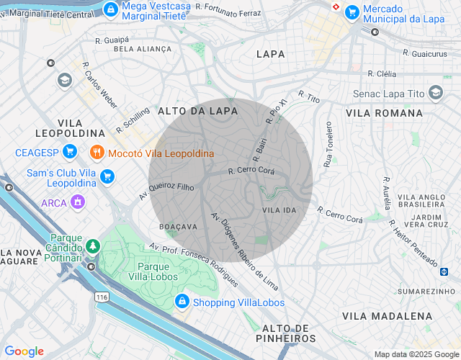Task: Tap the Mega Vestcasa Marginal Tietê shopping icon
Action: coord(111,9)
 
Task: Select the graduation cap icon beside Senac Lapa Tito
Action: coord(435,93)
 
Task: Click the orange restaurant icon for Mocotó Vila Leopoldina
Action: coord(96,153)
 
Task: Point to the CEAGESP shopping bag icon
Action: coord(69,151)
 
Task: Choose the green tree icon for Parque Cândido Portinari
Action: coord(93,247)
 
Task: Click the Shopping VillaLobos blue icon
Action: coord(182,302)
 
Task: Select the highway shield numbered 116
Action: coord(100,297)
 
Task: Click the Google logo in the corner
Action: coord(24,351)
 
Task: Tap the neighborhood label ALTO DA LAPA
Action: coord(188,111)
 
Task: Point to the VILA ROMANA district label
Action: coord(384,113)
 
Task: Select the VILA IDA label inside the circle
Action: coord(279,210)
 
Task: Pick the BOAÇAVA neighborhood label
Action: coord(179,226)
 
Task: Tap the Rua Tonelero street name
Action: coord(328,145)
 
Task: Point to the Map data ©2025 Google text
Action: coord(415,354)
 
